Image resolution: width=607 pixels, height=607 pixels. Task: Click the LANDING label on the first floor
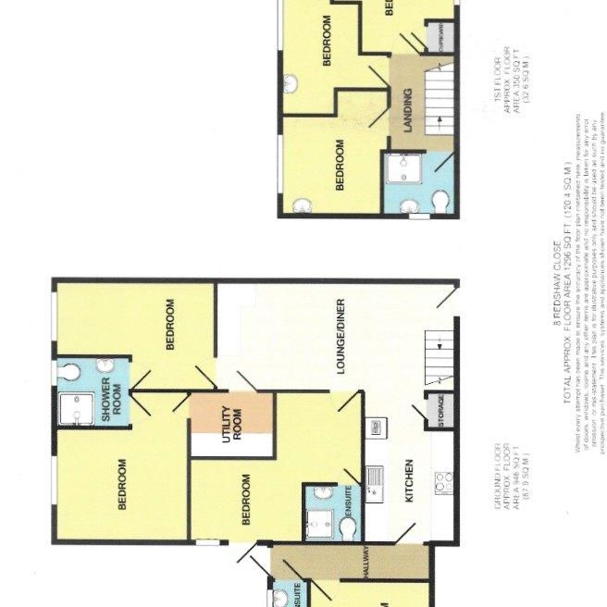[407, 109]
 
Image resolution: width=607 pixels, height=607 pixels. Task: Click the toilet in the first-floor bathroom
[440, 200]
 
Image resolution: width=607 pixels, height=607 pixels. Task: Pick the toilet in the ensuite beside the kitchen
[348, 528]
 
